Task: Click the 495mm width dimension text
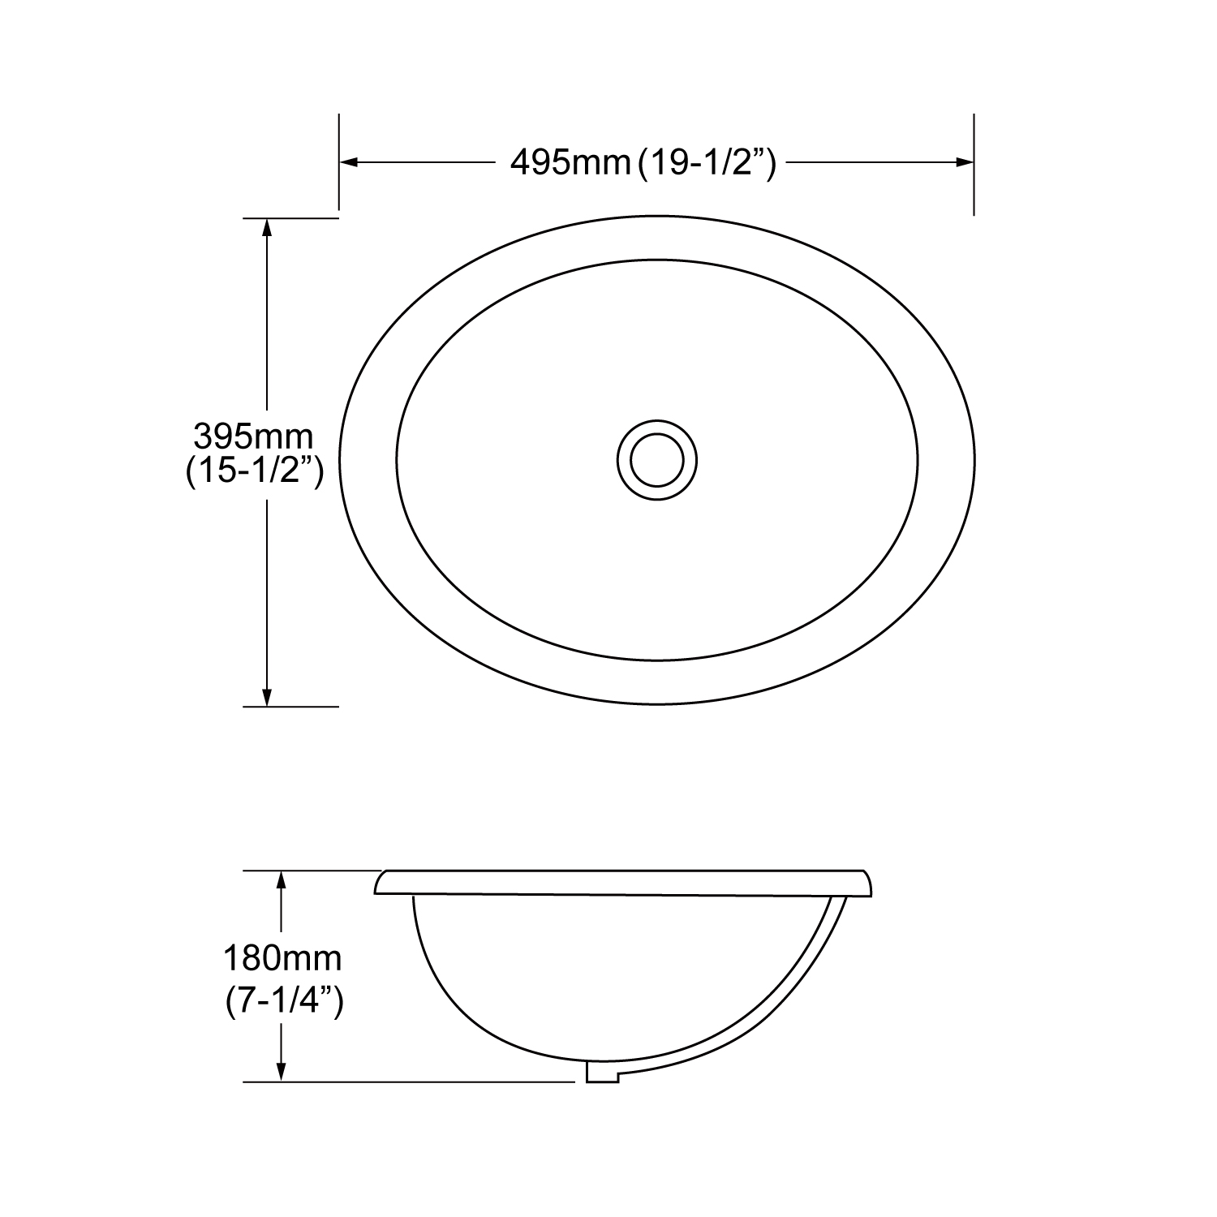point(570,163)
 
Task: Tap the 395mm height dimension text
point(253,437)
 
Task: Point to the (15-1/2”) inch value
point(255,471)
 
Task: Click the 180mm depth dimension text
point(282,959)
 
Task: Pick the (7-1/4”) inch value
point(284,1002)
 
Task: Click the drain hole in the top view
point(656,460)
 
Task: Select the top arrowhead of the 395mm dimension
point(266,228)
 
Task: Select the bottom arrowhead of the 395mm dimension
point(266,697)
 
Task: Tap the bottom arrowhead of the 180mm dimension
point(281,1072)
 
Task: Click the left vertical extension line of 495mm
point(338,162)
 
